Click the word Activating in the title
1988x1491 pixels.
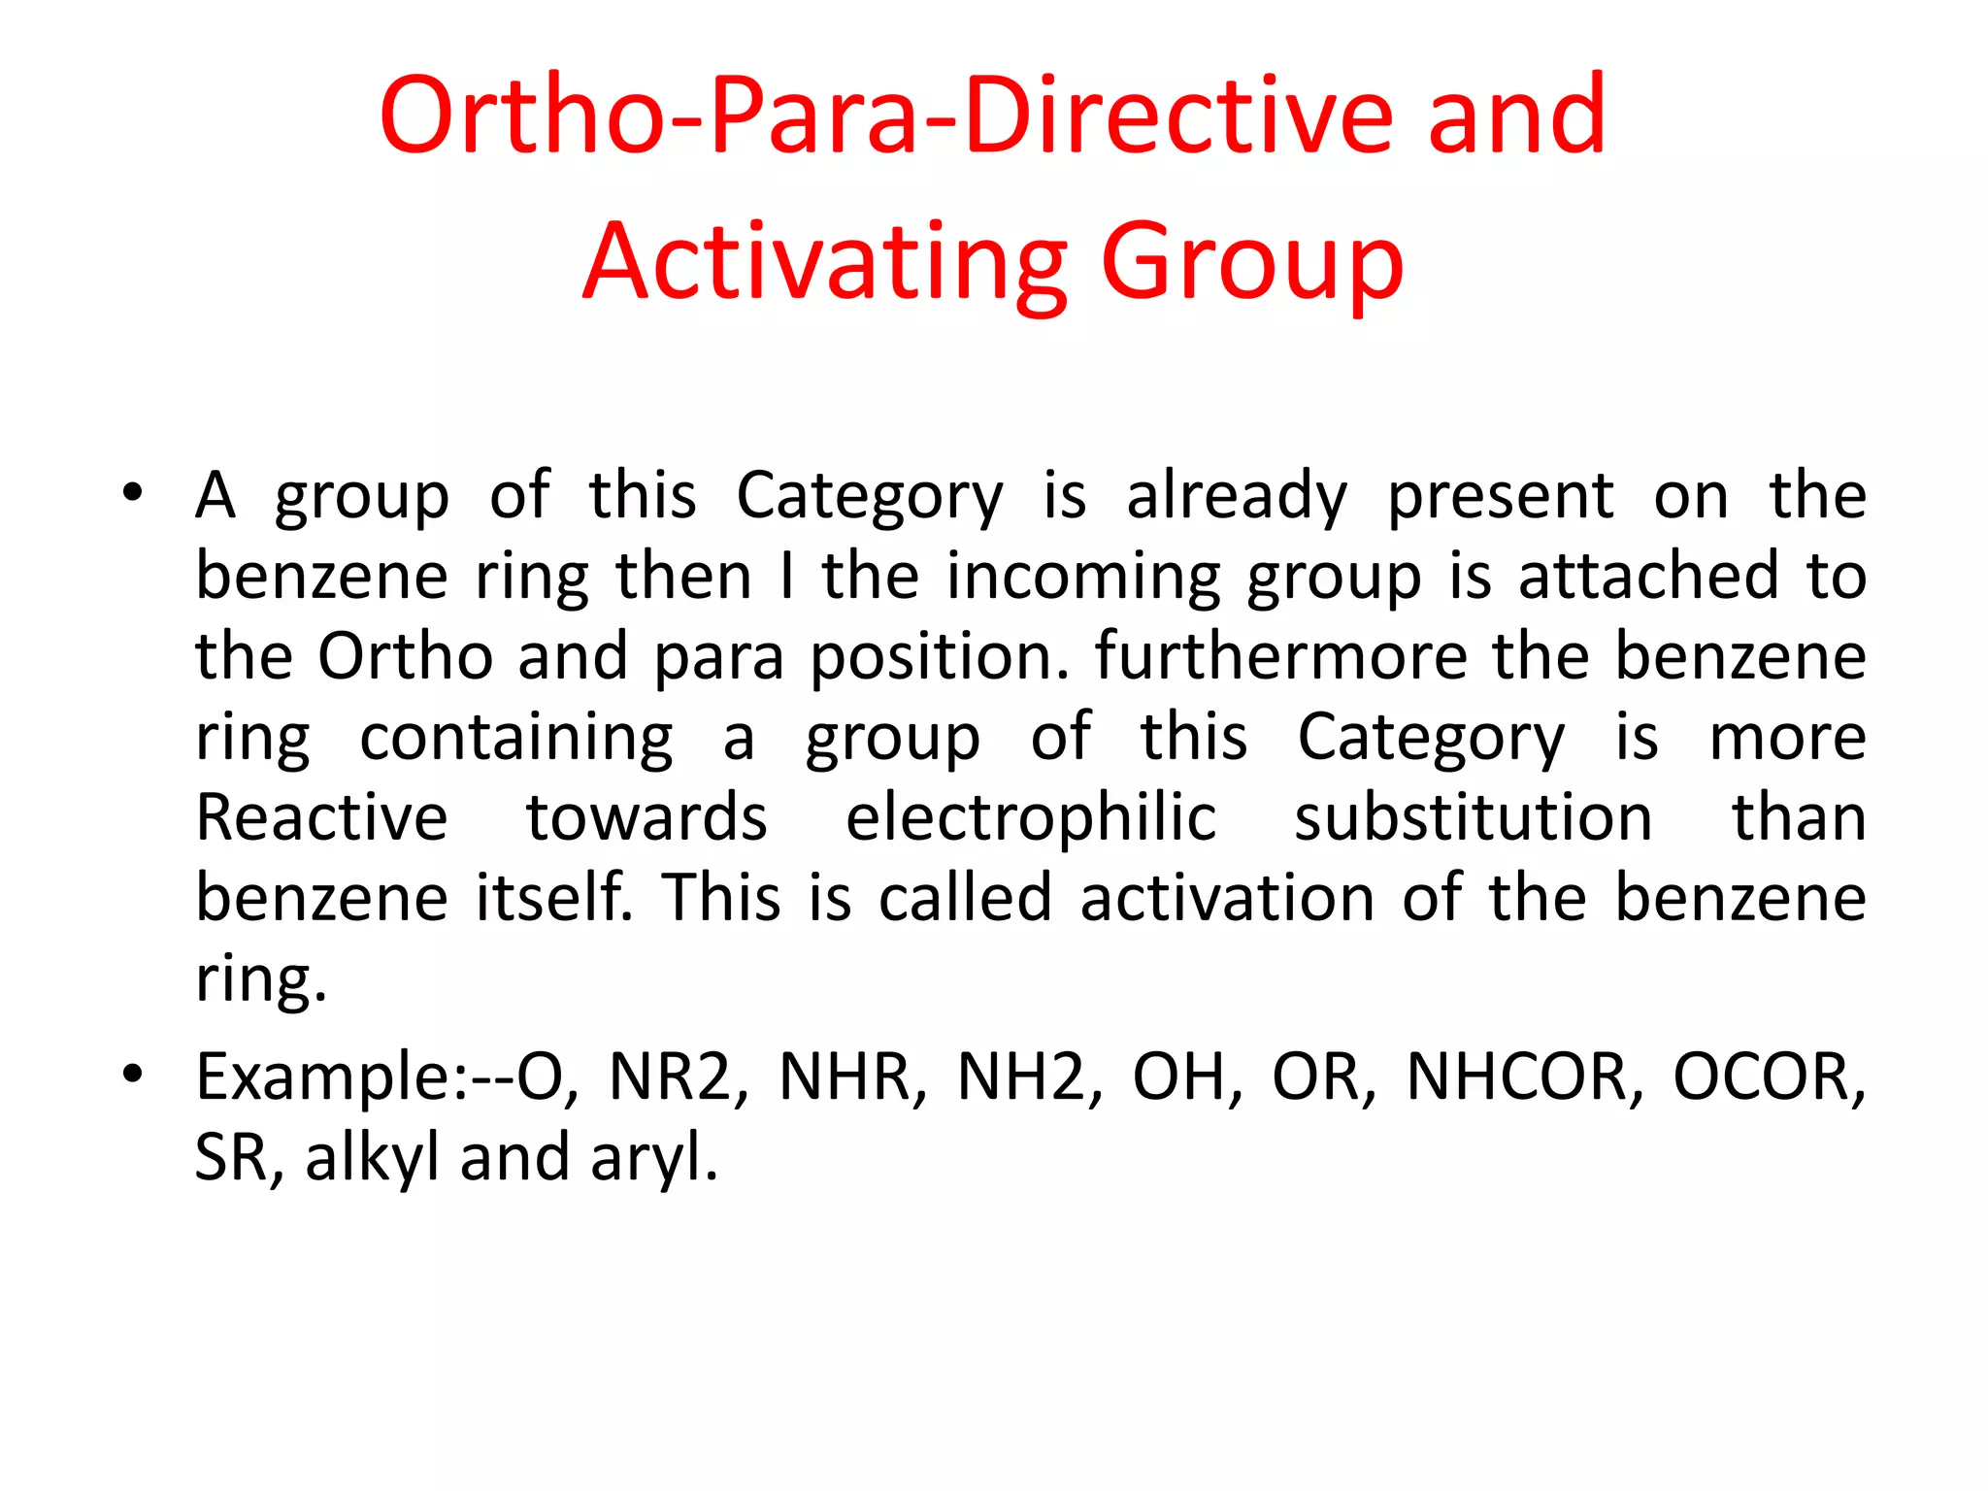tap(825, 262)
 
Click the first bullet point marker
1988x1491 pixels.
tap(133, 491)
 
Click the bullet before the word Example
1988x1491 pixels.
tap(133, 1074)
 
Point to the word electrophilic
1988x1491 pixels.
tap(1030, 818)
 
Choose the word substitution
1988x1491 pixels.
tap(1473, 818)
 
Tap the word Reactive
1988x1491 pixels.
tap(321, 818)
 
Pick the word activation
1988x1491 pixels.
tap(1227, 898)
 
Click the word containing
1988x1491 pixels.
tap(516, 739)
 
